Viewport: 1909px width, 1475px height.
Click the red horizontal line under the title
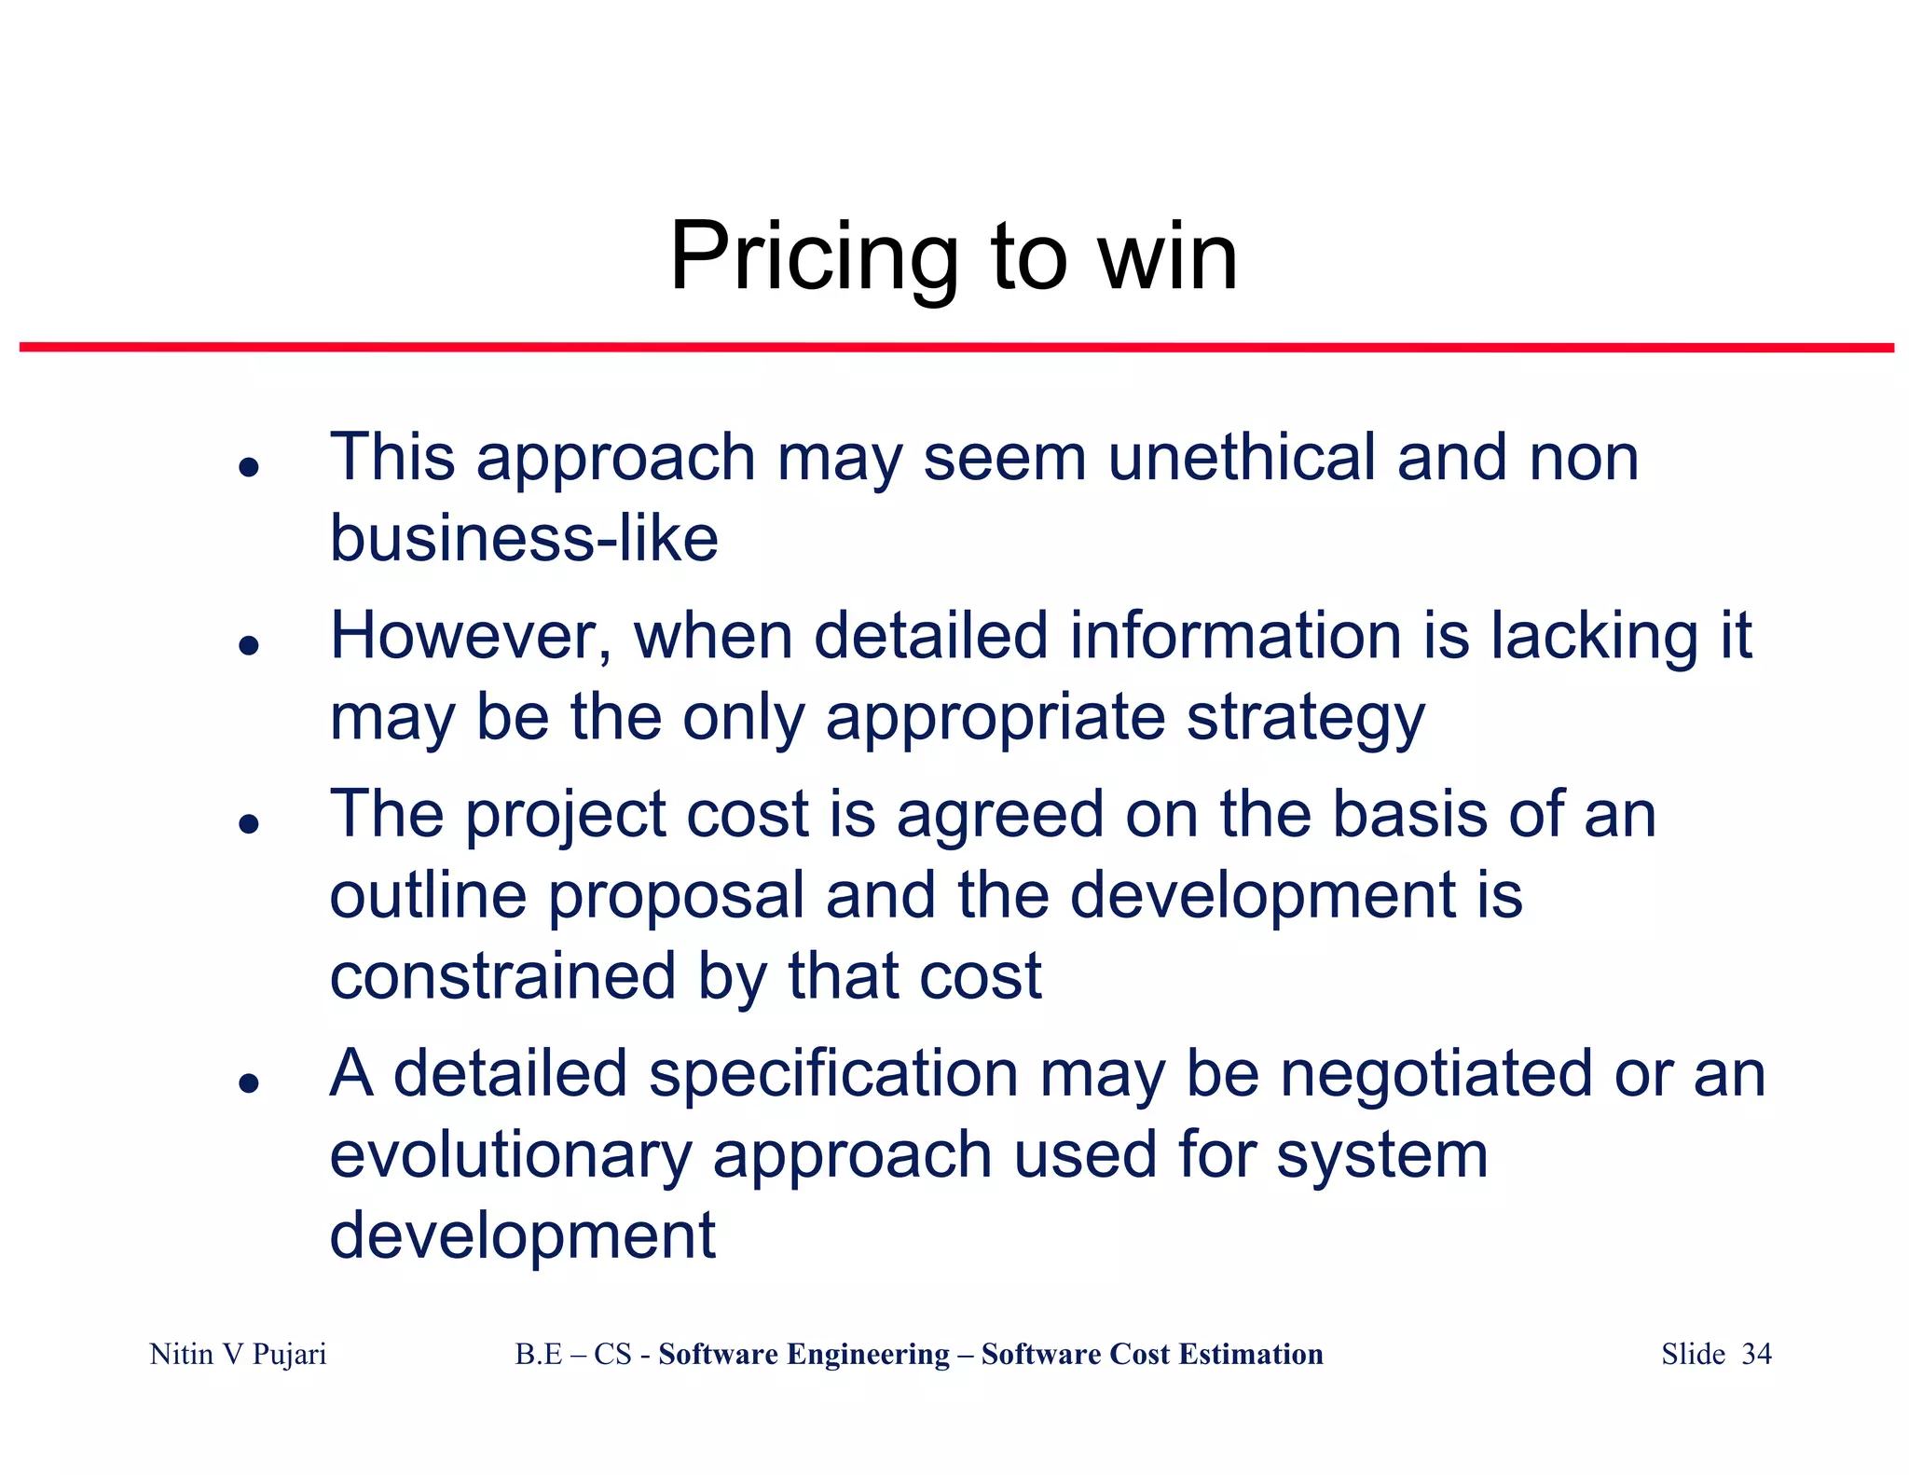click(x=956, y=348)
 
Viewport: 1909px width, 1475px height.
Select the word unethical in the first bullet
click(x=1242, y=458)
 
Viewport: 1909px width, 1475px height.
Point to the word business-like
click(x=524, y=539)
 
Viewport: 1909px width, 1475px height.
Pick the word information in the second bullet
click(x=1235, y=636)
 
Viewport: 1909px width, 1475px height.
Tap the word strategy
click(x=1305, y=719)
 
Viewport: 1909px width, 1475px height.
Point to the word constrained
click(x=502, y=976)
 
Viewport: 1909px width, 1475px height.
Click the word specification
click(x=833, y=1073)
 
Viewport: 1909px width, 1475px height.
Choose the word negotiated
click(x=1436, y=1073)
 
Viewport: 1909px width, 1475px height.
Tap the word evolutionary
click(x=511, y=1155)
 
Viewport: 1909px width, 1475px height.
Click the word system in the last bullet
click(x=1381, y=1155)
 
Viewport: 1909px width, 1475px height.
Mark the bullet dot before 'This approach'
click(x=248, y=466)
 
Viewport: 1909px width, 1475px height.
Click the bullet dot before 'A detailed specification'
click(x=248, y=1082)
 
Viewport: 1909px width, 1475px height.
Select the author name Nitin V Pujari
click(x=238, y=1354)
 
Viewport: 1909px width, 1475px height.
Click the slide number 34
click(x=1756, y=1354)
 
